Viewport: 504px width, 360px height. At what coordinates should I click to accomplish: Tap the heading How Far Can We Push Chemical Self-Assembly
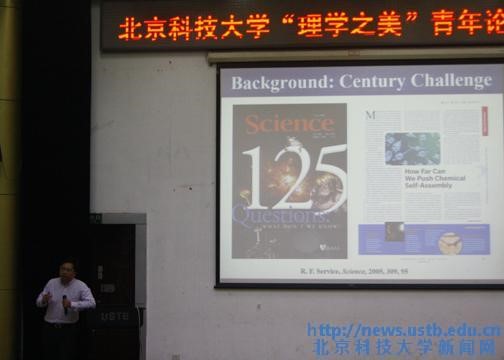[x=412, y=182]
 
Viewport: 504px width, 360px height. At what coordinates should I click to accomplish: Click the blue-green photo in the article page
[x=412, y=148]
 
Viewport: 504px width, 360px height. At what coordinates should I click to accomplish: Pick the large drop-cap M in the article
[x=369, y=115]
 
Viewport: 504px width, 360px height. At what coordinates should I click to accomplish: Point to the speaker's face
[x=66, y=272]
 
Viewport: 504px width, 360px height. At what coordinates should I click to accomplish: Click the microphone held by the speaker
[x=66, y=299]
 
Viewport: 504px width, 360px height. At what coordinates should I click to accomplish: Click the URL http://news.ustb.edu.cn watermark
[x=404, y=330]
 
